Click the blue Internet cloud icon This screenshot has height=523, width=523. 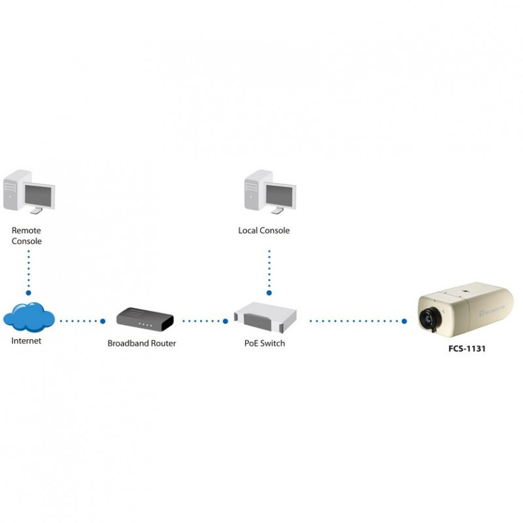tap(29, 317)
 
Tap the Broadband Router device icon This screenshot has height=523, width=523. tap(145, 319)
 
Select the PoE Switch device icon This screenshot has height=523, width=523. tap(265, 317)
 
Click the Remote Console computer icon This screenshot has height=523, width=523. tap(29, 192)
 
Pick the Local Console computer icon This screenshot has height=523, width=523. tap(270, 192)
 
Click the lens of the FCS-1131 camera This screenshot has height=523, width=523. tap(430, 320)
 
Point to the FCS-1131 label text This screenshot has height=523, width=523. tap(467, 348)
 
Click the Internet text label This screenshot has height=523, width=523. tap(26, 341)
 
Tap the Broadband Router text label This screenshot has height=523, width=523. tap(142, 343)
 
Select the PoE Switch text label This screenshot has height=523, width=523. tap(265, 343)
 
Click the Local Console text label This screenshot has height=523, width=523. tap(264, 230)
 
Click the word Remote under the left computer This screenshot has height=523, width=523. tap(26, 230)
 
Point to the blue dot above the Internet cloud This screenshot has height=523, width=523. tap(28, 293)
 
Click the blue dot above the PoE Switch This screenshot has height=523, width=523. tap(269, 293)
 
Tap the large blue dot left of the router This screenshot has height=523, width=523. tap(103, 321)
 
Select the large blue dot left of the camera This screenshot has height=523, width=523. tap(404, 321)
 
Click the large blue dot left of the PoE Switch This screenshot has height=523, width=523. tap(226, 321)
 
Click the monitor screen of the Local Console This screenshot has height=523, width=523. tap(280, 195)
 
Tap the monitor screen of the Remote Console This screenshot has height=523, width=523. tap(39, 195)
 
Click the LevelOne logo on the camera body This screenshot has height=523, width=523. tap(492, 310)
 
